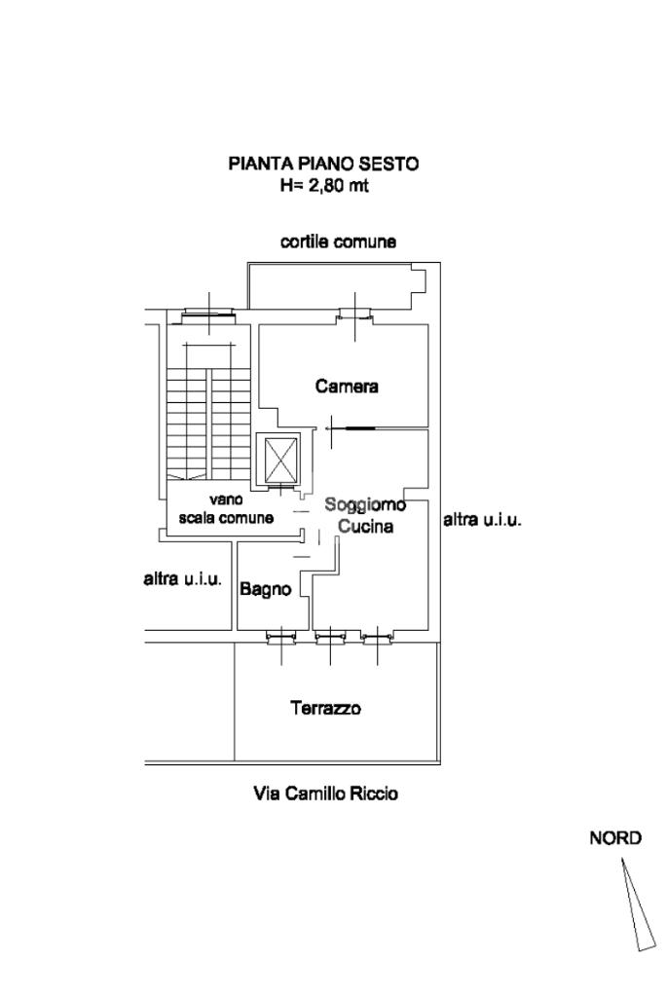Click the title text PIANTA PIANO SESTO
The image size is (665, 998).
323,164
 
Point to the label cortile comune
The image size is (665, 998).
338,241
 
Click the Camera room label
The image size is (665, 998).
347,387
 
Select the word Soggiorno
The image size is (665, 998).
365,504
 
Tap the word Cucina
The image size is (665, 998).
365,527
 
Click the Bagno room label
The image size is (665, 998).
266,588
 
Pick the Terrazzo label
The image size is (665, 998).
325,708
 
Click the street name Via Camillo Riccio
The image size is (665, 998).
325,794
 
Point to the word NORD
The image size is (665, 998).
615,838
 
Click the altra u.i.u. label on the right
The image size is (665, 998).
482,520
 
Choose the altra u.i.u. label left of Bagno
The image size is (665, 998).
183,580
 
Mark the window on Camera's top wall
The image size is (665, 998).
354,314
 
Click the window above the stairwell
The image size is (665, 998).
209,314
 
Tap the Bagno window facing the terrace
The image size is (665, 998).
281,639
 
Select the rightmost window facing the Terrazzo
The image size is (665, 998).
378,639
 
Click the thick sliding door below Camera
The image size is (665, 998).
353,427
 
